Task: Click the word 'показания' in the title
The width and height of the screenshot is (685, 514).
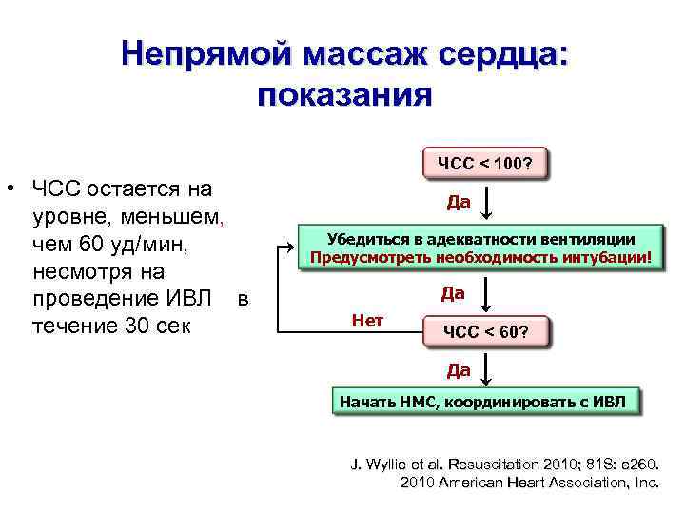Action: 344,96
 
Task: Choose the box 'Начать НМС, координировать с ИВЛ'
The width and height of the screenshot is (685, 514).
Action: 485,401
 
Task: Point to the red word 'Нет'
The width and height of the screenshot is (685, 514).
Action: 367,321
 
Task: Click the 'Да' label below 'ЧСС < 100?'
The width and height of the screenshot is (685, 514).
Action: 459,202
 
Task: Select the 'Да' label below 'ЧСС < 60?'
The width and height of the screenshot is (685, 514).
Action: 459,367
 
